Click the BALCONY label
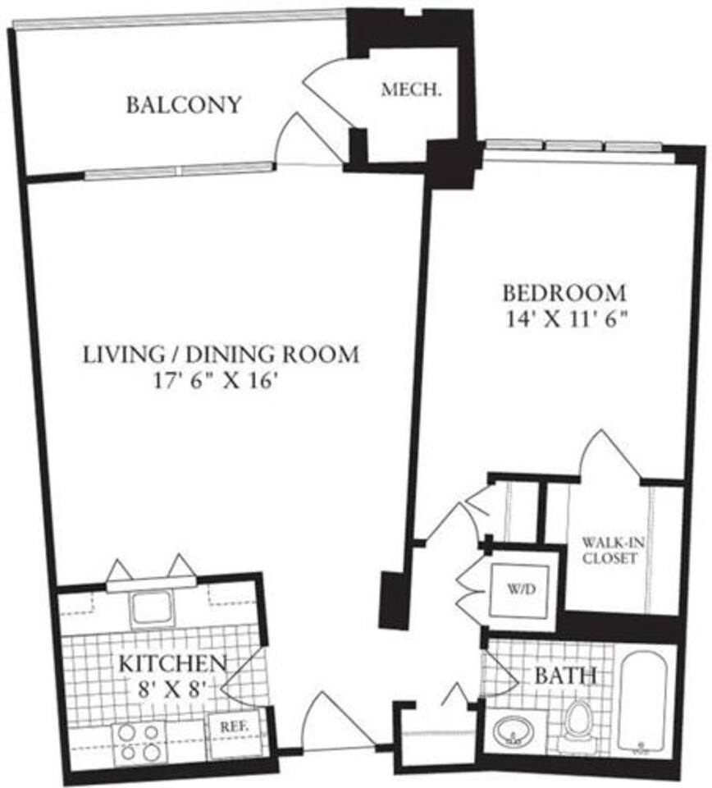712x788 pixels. click(184, 105)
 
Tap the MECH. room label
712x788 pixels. click(411, 91)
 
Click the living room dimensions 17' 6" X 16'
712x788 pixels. click(221, 381)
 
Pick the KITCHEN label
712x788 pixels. click(171, 662)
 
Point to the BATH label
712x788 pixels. click(565, 677)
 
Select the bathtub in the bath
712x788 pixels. click(646, 702)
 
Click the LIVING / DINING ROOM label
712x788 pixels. click(221, 355)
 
